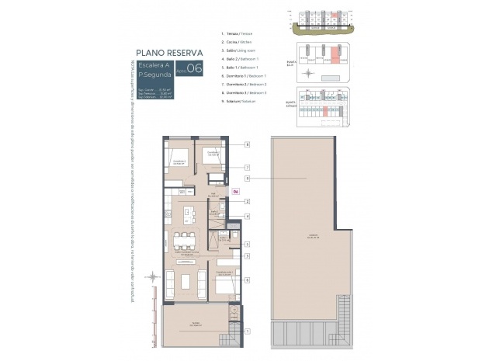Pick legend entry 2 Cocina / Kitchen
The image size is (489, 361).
238,42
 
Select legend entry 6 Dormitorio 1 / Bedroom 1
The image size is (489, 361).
244,75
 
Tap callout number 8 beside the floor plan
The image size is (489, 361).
246,144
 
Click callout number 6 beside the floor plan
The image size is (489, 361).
246,279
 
